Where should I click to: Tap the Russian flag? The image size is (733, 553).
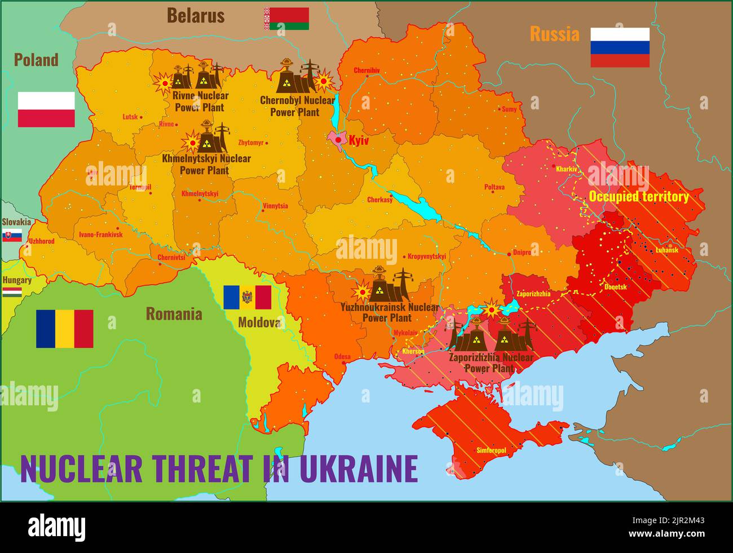pyautogui.click(x=620, y=47)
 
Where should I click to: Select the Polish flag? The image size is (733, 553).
pyautogui.click(x=46, y=109)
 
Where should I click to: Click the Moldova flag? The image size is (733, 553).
pyautogui.click(x=247, y=297)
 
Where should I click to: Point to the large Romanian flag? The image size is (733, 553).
pyautogui.click(x=64, y=329)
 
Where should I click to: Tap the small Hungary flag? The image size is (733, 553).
pyautogui.click(x=12, y=292)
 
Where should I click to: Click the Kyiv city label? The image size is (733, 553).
pyautogui.click(x=359, y=140)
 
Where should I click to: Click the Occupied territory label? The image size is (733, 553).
pyautogui.click(x=638, y=197)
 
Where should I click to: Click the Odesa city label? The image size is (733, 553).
pyautogui.click(x=342, y=356)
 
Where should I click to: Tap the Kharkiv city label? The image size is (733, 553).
pyautogui.click(x=566, y=169)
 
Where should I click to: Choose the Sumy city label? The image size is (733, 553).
pyautogui.click(x=509, y=109)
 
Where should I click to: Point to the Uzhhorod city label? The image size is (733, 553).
pyautogui.click(x=42, y=241)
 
